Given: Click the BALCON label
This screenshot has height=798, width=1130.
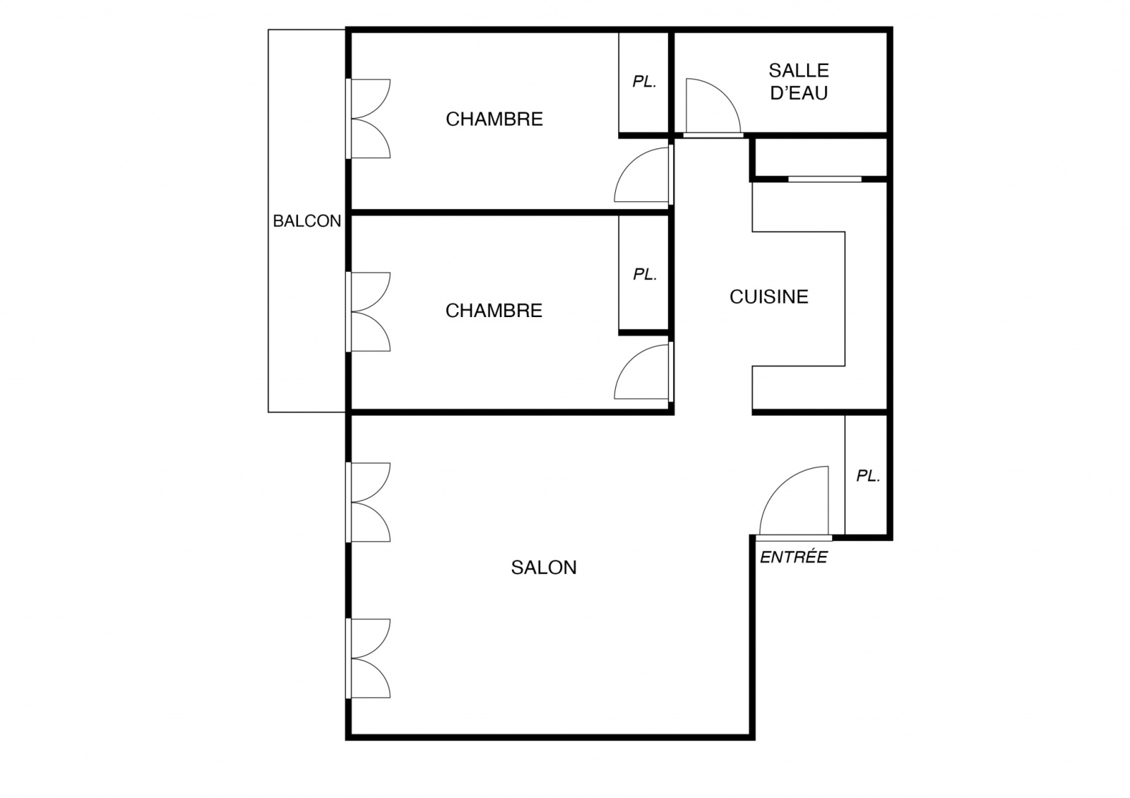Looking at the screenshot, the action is click(307, 221).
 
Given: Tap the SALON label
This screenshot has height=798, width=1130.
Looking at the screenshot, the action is click(544, 568).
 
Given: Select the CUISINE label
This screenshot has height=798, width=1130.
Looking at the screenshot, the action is click(769, 297).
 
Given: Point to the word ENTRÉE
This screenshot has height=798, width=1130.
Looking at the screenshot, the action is click(794, 557).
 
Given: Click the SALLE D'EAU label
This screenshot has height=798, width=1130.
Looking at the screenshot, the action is click(799, 82).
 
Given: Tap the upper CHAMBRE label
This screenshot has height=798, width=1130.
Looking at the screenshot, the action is click(494, 119).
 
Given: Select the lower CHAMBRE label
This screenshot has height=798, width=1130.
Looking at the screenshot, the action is click(494, 311).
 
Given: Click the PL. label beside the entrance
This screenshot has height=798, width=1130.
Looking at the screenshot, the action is click(868, 476).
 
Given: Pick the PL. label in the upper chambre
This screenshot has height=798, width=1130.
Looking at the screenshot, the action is click(645, 82).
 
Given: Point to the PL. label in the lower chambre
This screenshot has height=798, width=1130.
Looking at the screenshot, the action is click(646, 275).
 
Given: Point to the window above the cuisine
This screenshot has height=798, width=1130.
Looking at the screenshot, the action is click(825, 179).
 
